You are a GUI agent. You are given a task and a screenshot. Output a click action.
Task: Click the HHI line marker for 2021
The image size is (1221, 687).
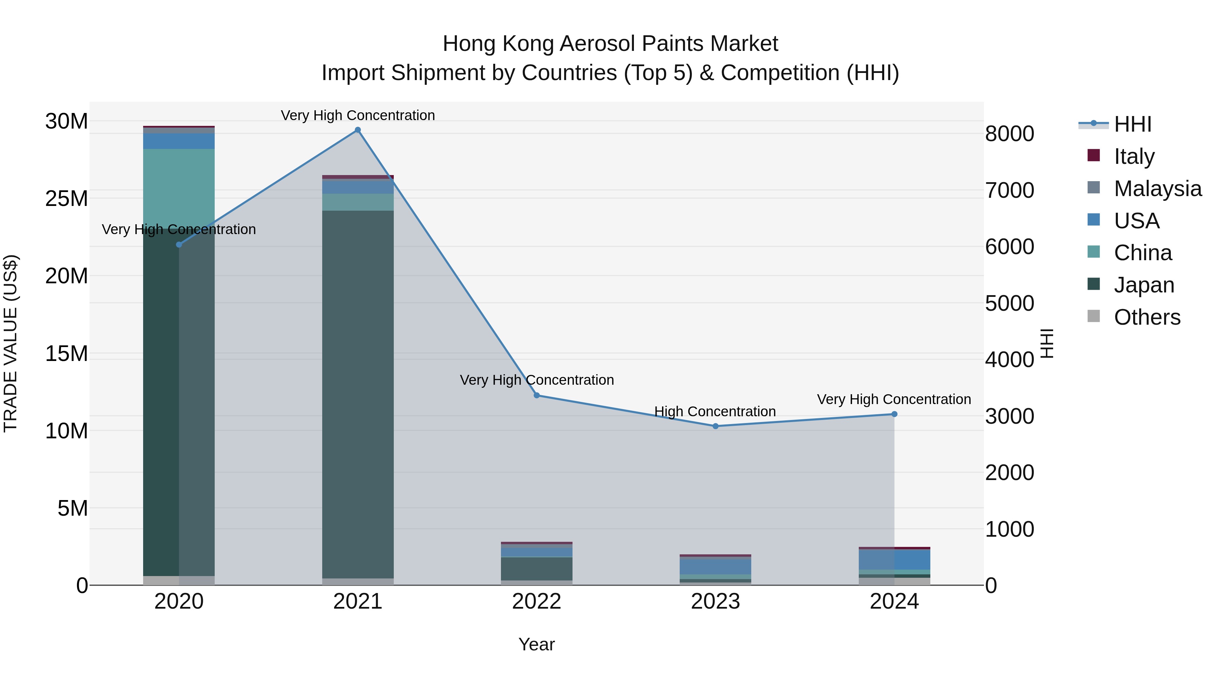pyautogui.click(x=358, y=130)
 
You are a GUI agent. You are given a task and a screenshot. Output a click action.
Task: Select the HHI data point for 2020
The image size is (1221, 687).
pyautogui.click(x=179, y=245)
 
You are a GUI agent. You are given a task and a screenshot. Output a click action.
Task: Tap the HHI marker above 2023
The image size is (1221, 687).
pyautogui.click(x=716, y=426)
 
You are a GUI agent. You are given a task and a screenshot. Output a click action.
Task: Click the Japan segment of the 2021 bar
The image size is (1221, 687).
pyautogui.click(x=358, y=394)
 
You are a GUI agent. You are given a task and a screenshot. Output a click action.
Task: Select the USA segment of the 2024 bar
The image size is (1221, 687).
pyautogui.click(x=894, y=559)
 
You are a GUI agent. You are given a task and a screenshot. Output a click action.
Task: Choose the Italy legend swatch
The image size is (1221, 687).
pyautogui.click(x=1093, y=155)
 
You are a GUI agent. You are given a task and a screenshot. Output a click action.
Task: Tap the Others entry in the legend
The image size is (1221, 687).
pyautogui.click(x=1147, y=317)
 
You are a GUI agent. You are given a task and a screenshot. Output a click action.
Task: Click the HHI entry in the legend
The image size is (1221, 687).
pyautogui.click(x=1133, y=124)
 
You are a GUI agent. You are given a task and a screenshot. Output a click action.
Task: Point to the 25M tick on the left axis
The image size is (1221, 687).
pyautogui.click(x=66, y=199)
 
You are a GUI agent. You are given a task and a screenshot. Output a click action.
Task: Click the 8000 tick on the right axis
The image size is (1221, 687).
pyautogui.click(x=1010, y=134)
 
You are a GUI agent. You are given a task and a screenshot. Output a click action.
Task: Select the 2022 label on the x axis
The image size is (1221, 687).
pyautogui.click(x=537, y=602)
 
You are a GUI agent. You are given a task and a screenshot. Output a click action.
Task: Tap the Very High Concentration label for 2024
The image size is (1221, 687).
pyautogui.click(x=894, y=399)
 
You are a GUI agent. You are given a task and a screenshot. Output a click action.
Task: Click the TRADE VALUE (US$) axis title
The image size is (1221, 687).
pyautogui.click(x=11, y=343)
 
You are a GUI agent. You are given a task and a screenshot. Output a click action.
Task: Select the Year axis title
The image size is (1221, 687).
pyautogui.click(x=537, y=644)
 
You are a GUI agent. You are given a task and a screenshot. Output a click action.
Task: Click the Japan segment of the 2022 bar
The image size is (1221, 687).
pyautogui.click(x=537, y=569)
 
